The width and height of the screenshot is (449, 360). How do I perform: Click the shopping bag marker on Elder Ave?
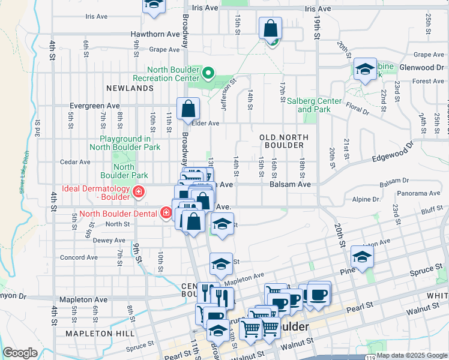pos(188,109)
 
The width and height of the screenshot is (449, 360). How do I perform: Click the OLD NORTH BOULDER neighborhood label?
pos(284,142)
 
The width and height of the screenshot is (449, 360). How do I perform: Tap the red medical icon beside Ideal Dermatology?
pos(139,193)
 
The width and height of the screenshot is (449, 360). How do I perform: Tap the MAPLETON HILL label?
pos(96,333)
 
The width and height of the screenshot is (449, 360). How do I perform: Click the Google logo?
pos(20,353)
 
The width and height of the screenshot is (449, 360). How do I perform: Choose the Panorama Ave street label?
pos(420,193)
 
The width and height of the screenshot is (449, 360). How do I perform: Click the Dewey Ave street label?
pos(92,240)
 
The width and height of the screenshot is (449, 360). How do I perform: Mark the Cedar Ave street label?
pos(75,162)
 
